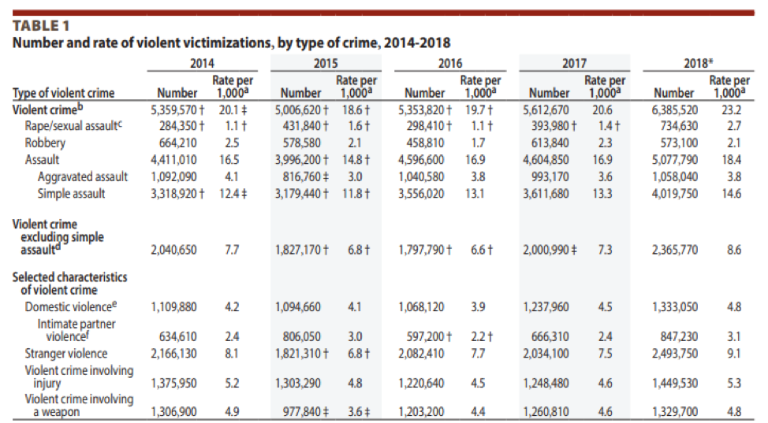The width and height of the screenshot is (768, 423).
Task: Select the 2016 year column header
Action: tap(450, 63)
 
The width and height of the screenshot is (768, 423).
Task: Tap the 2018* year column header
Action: tap(699, 63)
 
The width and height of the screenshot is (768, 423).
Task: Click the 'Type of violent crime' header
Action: tap(64, 93)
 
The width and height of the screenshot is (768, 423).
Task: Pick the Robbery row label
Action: tap(45, 143)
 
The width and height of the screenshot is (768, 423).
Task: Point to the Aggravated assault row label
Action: tap(82, 177)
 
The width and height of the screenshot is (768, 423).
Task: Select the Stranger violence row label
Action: tap(65, 354)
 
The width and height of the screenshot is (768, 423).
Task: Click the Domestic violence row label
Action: tap(71, 306)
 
